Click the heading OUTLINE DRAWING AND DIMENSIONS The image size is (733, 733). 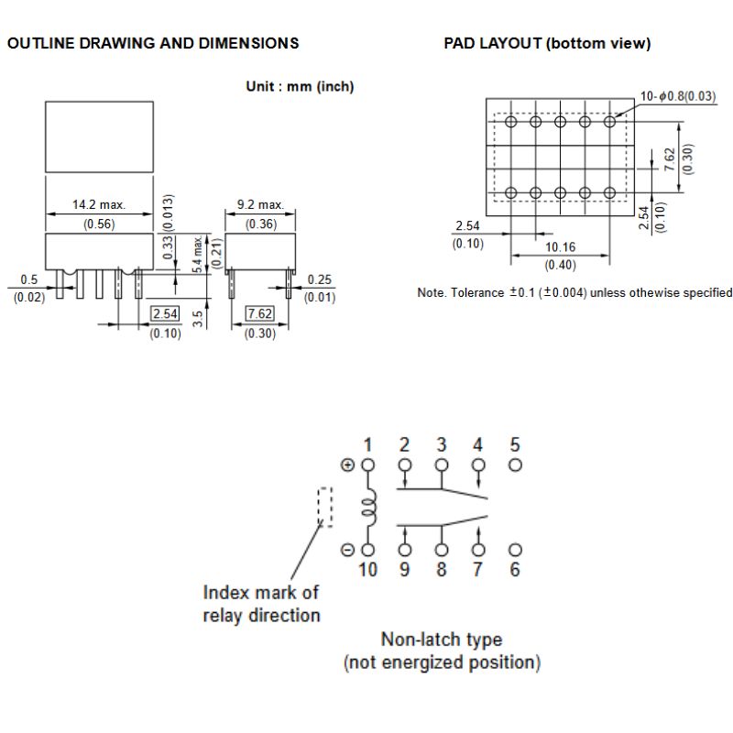[153, 43]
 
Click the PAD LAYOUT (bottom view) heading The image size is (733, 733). [547, 43]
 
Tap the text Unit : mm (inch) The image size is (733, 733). [300, 87]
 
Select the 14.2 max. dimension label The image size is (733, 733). [99, 205]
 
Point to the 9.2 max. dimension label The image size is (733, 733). [260, 205]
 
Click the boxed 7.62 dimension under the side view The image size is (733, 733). [260, 314]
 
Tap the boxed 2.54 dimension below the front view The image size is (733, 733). [166, 314]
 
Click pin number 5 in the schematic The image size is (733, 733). [515, 445]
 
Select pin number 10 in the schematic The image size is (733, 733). [367, 570]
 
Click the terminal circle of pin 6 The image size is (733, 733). [515, 550]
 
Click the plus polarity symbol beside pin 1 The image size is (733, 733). [347, 465]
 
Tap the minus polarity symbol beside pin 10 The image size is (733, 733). [347, 550]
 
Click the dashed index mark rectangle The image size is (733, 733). [324, 507]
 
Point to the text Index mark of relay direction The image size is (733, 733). [261, 604]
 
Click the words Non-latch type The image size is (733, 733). [442, 640]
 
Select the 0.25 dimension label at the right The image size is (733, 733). [319, 279]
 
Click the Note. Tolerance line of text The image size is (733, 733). [574, 293]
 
